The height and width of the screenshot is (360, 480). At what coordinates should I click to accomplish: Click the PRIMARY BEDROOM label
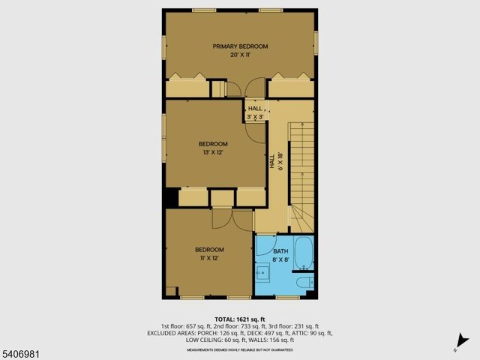coord(240,46)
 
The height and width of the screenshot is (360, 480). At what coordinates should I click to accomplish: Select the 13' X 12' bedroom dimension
coord(213,152)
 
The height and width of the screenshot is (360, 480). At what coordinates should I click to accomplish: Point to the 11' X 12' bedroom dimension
coord(209,258)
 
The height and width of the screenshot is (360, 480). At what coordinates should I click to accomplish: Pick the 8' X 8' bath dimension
coord(280,260)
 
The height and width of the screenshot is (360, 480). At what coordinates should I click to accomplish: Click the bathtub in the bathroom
coord(304,253)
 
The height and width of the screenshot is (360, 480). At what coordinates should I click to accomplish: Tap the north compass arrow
coord(457,346)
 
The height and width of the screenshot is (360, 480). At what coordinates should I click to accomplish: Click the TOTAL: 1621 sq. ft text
coord(240,319)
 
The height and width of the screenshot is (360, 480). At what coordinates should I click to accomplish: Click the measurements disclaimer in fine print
coord(240,349)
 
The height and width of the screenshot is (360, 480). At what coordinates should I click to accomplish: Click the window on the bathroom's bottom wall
coord(286,298)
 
